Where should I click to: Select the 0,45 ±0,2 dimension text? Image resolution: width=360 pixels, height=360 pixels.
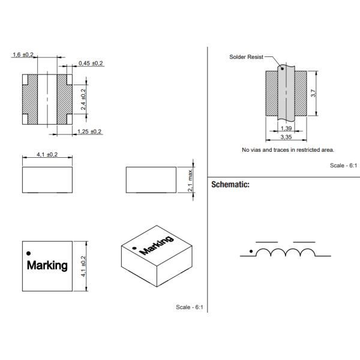(91, 63)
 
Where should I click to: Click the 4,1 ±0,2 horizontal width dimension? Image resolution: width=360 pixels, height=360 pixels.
(47, 154)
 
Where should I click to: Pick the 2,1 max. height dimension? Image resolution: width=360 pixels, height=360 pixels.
(190, 180)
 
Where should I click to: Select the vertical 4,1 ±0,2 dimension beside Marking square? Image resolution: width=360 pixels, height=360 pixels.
(83, 266)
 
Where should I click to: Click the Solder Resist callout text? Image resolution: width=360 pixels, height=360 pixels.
(245, 57)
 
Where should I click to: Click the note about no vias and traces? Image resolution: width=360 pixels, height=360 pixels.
(287, 149)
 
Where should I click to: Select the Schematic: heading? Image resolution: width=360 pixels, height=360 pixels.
(230, 185)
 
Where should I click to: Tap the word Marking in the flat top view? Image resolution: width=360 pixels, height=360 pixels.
(47, 265)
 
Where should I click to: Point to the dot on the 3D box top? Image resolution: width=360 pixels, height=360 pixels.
(135, 247)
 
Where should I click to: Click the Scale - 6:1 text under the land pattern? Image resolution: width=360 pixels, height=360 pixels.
(344, 165)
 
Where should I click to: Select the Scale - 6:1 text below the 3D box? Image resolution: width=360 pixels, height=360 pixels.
(190, 307)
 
